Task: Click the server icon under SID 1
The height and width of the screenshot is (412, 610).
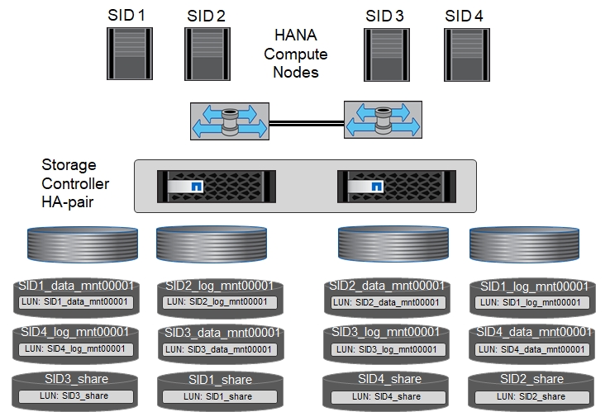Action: pyautogui.click(x=126, y=55)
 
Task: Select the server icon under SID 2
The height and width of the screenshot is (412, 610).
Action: pyautogui.click(x=206, y=55)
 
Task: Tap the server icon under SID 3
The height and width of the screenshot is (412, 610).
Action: pyautogui.click(x=384, y=55)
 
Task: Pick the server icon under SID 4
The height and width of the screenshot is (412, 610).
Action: pyautogui.click(x=464, y=55)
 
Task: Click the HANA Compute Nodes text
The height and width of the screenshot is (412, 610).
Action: pyautogui.click(x=301, y=54)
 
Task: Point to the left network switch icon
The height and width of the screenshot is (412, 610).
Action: pyautogui.click(x=227, y=121)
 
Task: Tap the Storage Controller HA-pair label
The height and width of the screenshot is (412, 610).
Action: pyautogui.click(x=75, y=183)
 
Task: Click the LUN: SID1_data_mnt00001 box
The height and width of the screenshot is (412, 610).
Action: pyautogui.click(x=75, y=301)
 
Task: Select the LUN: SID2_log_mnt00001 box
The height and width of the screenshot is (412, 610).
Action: pyautogui.click(x=217, y=301)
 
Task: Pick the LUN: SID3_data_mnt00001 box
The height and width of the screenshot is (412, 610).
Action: pyautogui.click(x=217, y=349)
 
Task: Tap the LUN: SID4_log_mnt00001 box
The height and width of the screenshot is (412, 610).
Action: pyautogui.click(x=75, y=349)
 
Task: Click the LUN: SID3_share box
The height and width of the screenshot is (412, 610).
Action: pyautogui.click(x=75, y=396)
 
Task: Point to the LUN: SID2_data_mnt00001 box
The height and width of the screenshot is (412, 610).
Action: pyautogui.click(x=384, y=301)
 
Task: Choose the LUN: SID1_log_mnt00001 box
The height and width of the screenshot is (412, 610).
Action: pyautogui.click(x=531, y=301)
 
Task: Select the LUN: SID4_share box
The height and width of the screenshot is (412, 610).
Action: pyautogui.click(x=384, y=396)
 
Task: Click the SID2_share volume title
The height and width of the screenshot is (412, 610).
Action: pyautogui.click(x=531, y=379)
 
